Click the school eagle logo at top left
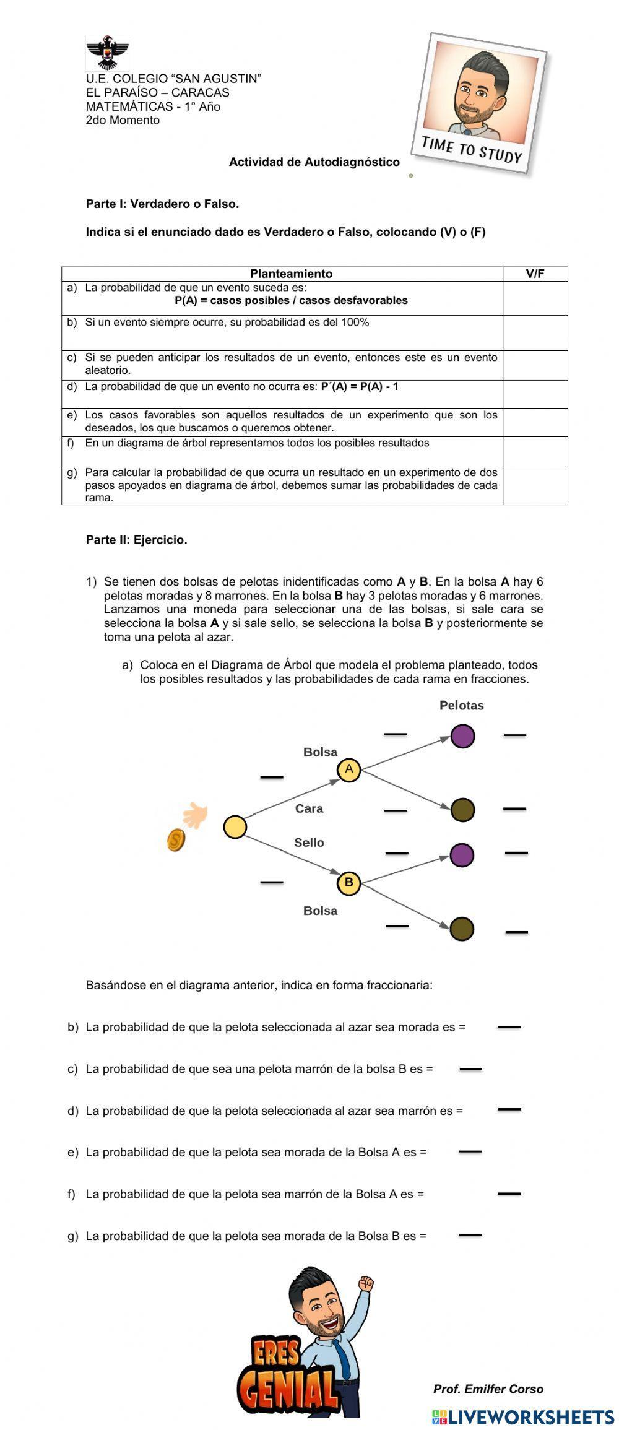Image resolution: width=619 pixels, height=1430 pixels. (x=108, y=53)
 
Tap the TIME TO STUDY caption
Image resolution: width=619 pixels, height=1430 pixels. (x=472, y=150)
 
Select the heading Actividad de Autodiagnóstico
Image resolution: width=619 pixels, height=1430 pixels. (x=314, y=162)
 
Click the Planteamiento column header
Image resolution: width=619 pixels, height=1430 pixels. (x=291, y=274)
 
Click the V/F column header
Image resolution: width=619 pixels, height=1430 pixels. (x=535, y=274)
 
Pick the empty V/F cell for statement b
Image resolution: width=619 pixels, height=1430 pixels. (x=535, y=332)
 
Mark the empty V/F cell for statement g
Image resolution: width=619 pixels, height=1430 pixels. (x=535, y=485)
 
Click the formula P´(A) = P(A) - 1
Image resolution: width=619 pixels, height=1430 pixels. (x=360, y=387)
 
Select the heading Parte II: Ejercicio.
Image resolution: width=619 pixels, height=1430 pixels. (x=136, y=540)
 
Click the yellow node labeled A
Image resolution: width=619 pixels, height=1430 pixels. (x=348, y=769)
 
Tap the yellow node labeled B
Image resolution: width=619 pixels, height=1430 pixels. (x=348, y=882)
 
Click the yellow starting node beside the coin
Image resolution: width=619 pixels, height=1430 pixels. (x=235, y=827)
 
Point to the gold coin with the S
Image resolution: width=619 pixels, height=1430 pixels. (x=176, y=839)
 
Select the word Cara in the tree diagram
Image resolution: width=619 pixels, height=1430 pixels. (x=309, y=808)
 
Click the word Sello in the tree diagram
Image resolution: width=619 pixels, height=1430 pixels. (x=309, y=843)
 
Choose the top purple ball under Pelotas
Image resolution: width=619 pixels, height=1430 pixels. (x=462, y=736)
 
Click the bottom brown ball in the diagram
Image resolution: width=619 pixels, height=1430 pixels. (x=462, y=929)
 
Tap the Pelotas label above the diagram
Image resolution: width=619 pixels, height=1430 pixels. (x=461, y=705)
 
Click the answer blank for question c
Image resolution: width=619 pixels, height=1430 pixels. (x=470, y=1068)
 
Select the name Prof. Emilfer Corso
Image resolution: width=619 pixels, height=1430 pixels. (x=488, y=1389)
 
